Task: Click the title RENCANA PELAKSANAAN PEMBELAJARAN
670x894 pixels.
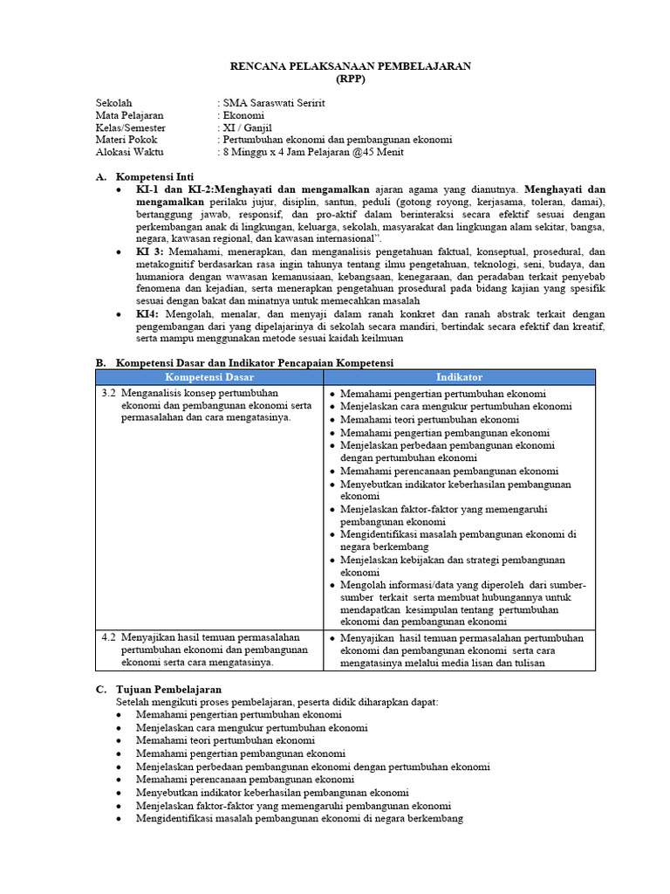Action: [x=350, y=65]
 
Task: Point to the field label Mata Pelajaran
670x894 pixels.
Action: [x=129, y=115]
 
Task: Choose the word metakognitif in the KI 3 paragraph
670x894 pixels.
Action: [x=170, y=264]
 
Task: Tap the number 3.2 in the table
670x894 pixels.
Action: [x=108, y=393]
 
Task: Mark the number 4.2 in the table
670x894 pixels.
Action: [x=108, y=637]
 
